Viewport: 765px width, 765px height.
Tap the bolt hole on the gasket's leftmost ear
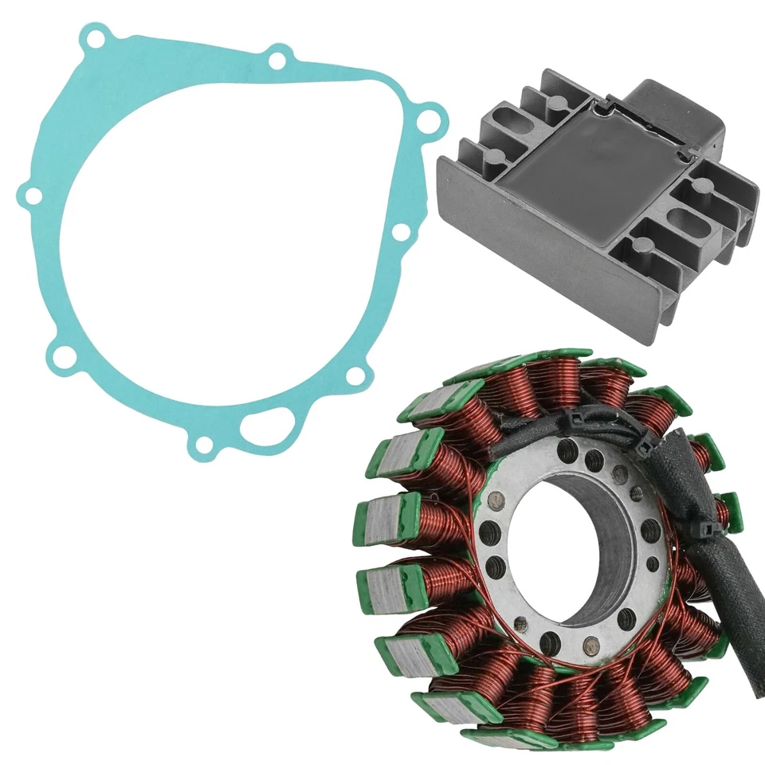tap(30, 194)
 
